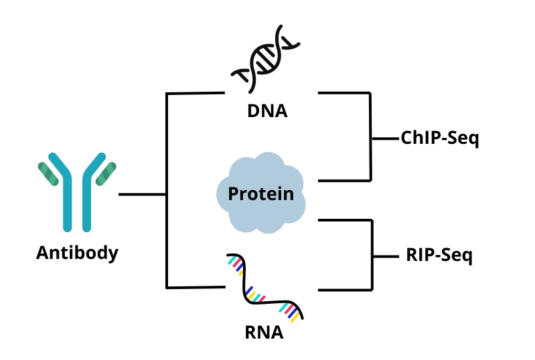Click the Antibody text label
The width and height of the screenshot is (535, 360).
(77, 253)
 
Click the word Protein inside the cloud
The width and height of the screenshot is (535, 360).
(261, 194)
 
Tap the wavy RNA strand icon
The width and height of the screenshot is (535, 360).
(266, 288)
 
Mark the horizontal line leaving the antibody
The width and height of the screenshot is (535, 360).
(142, 195)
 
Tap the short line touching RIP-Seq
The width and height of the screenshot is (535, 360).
(386, 256)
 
